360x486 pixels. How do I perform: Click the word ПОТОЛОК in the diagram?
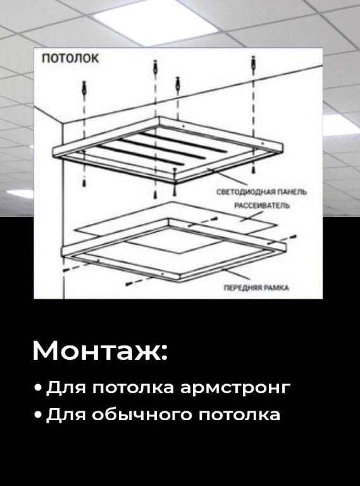[70, 58]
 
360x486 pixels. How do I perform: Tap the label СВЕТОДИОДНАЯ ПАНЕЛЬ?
[262, 192]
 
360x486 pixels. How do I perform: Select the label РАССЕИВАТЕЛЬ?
[262, 206]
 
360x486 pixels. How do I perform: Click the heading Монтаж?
[100, 351]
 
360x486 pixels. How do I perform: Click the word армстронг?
[235, 389]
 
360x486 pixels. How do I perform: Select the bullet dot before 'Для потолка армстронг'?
[39, 388]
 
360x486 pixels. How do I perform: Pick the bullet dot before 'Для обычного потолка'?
[39, 414]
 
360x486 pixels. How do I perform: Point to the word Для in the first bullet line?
[65, 387]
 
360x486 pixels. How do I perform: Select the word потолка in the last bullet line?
[239, 415]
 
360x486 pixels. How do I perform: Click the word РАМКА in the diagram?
[278, 288]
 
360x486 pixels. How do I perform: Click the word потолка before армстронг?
[133, 388]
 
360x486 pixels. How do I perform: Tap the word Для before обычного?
[65, 414]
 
